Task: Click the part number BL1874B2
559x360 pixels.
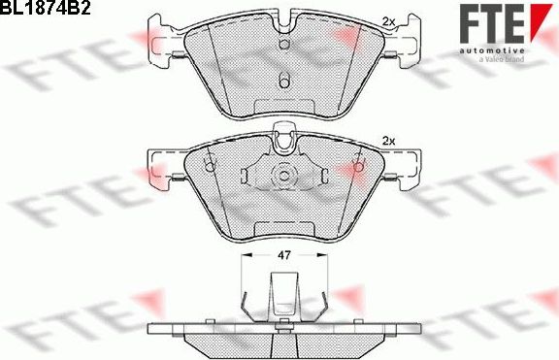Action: click(x=47, y=9)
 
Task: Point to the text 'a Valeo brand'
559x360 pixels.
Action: click(x=501, y=59)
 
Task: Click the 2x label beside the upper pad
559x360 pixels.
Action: click(x=389, y=21)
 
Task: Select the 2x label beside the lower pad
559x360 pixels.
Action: click(x=391, y=142)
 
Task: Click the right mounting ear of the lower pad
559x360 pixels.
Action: click(x=404, y=164)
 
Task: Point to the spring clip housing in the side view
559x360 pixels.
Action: click(x=282, y=297)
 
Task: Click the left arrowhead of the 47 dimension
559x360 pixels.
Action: click(x=244, y=254)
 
